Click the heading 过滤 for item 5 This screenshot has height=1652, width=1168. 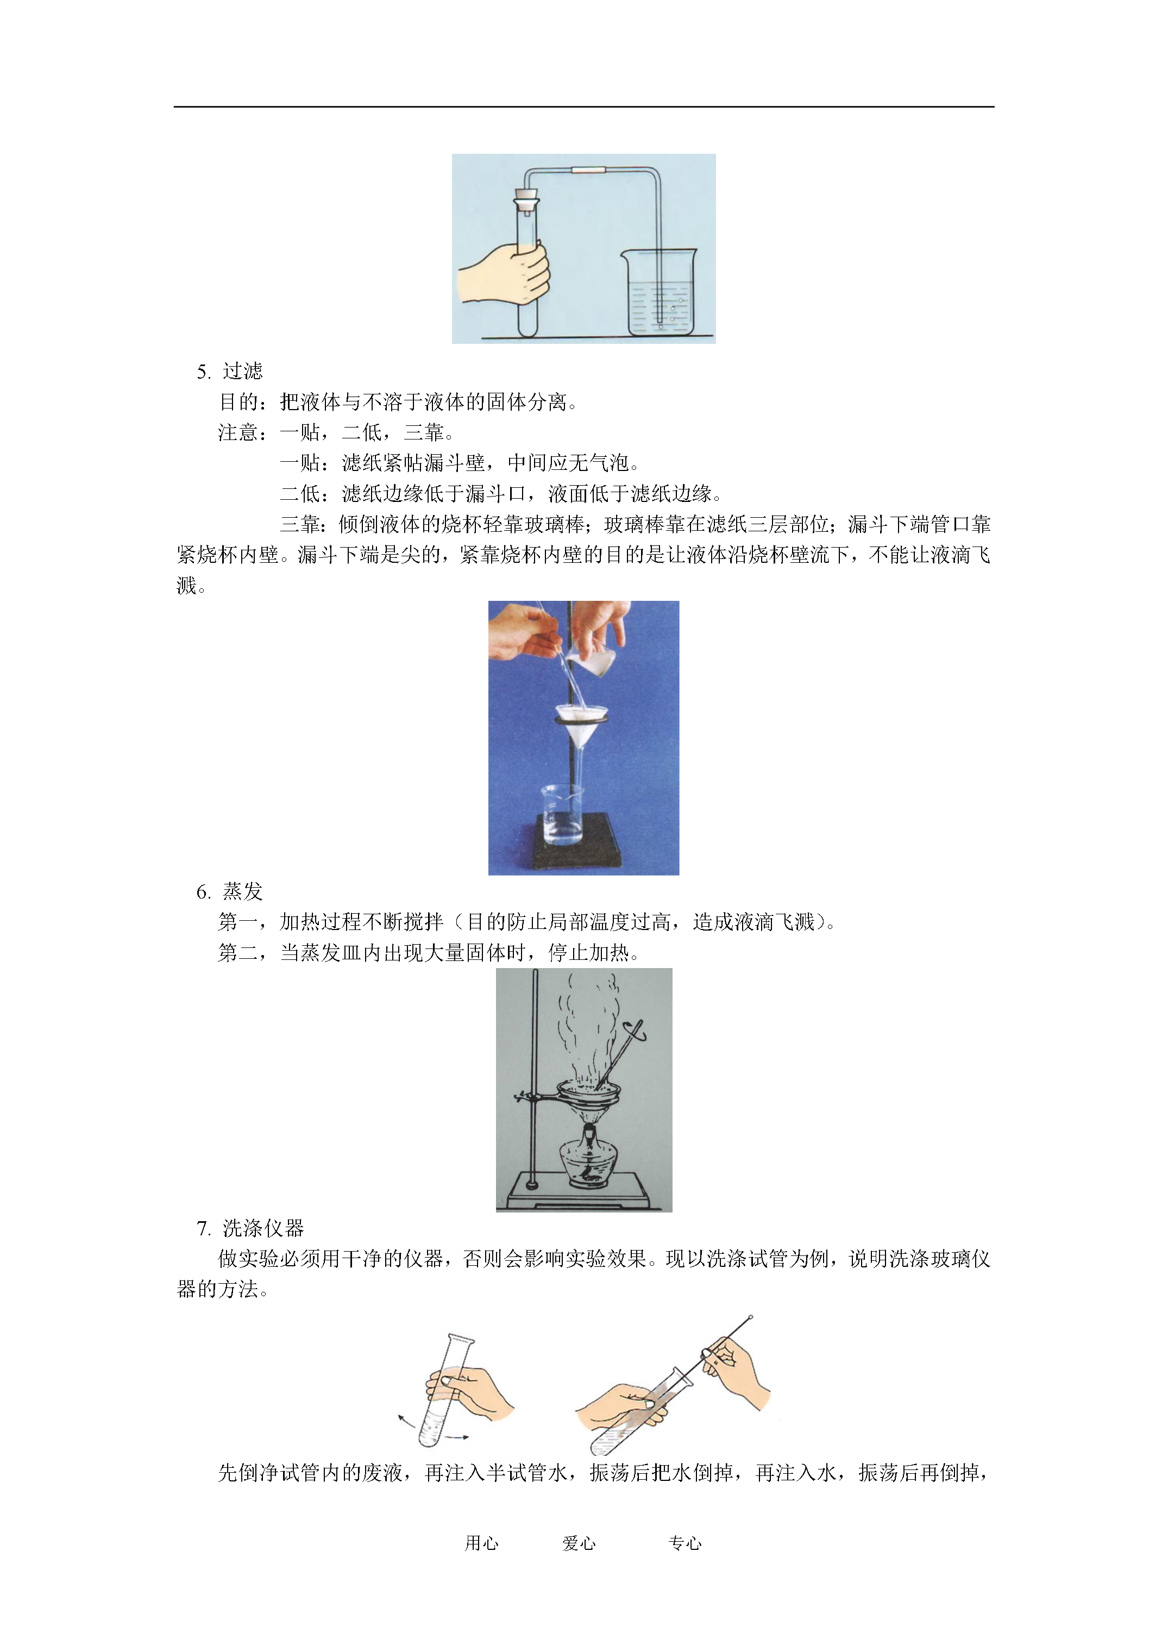pos(242,371)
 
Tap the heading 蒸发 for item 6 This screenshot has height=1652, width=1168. pos(242,891)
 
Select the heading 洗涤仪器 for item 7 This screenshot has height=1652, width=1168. pos(263,1228)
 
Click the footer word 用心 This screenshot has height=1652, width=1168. pos(481,1543)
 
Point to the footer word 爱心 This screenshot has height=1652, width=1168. pos(579,1543)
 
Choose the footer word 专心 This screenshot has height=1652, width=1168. pos(685,1543)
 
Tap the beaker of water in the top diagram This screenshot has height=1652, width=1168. pos(660,293)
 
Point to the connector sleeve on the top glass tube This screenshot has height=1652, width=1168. pos(589,171)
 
